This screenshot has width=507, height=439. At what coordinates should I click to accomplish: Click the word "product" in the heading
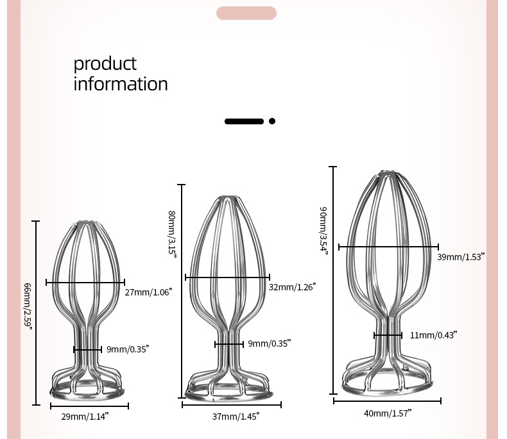[105, 64]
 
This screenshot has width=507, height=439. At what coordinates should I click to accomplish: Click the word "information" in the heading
[121, 84]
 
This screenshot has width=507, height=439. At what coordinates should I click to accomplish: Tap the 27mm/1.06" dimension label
[148, 292]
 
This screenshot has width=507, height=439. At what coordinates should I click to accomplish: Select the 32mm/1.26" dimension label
[292, 287]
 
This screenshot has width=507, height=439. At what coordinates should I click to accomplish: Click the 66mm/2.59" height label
[28, 306]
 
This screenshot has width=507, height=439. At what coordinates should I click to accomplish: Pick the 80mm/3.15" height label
[172, 233]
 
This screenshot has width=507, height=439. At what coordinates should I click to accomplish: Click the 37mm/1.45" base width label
[236, 417]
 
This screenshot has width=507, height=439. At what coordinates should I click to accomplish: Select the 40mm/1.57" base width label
[388, 413]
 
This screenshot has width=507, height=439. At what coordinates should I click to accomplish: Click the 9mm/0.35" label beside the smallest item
[128, 349]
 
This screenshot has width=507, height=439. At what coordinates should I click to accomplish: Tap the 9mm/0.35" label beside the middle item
[270, 344]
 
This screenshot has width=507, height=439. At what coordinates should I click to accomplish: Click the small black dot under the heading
[272, 120]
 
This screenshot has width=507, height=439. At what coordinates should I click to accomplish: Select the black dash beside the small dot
[245, 120]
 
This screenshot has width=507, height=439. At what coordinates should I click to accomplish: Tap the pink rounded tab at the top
[246, 13]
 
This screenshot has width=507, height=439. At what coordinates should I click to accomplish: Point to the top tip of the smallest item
[84, 223]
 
